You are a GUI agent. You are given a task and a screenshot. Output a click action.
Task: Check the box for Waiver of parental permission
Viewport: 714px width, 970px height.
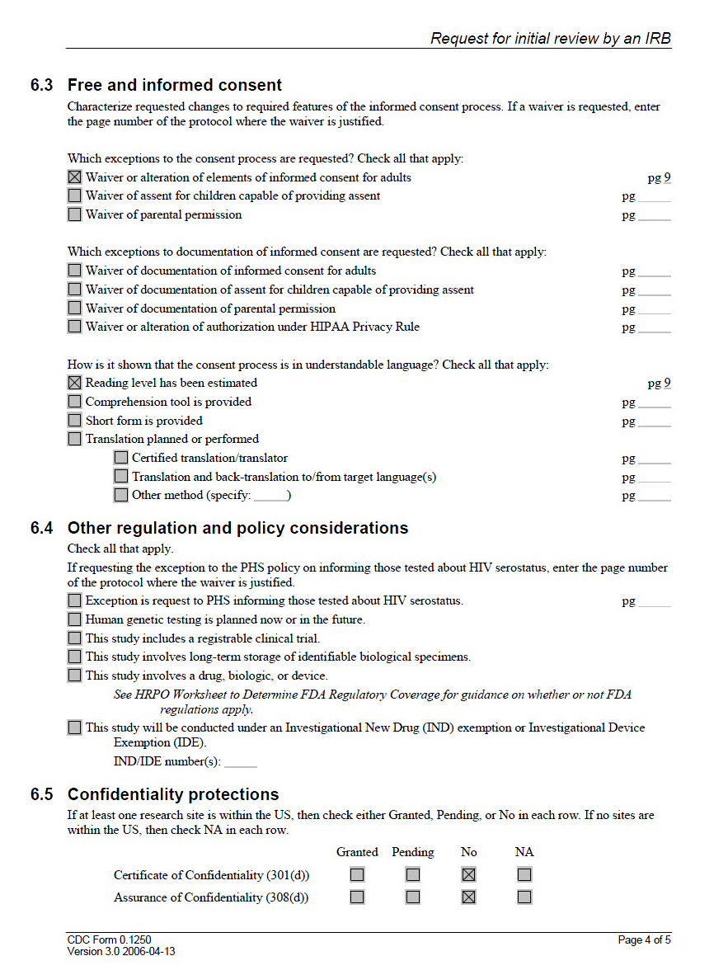click(75, 214)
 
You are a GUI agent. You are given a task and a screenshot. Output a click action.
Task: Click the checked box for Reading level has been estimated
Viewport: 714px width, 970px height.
click(75, 383)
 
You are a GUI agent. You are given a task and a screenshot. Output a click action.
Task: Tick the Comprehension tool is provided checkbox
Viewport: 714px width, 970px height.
click(75, 402)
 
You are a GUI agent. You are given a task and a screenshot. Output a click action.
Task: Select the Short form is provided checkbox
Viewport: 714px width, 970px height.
click(75, 421)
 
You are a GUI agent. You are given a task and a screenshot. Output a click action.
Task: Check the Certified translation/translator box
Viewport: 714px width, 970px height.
click(121, 458)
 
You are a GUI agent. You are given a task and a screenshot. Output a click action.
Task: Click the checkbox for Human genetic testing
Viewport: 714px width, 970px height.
click(75, 619)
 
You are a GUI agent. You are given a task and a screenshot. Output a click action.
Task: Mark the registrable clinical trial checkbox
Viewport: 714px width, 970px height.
click(75, 638)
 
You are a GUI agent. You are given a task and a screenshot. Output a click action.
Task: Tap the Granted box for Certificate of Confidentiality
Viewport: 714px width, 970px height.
click(357, 874)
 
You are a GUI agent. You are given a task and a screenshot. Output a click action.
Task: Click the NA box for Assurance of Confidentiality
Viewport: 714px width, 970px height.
click(524, 897)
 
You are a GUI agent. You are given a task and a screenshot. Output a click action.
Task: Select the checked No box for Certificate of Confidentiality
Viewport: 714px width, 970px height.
click(469, 874)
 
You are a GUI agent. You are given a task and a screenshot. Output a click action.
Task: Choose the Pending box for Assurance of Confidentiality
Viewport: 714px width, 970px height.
click(412, 897)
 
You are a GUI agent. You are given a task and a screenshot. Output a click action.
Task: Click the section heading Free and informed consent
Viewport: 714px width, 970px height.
click(175, 85)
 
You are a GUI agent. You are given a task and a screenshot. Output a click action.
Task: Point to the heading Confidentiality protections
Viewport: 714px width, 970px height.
click(173, 794)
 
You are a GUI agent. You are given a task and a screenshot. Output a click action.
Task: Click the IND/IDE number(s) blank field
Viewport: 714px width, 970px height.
click(241, 763)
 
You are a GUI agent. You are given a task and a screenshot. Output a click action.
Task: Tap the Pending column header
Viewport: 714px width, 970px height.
click(412, 852)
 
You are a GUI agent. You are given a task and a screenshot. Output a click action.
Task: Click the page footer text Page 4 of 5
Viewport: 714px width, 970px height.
click(644, 939)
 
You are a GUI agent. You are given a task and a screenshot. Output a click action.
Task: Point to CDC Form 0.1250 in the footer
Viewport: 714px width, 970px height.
click(109, 939)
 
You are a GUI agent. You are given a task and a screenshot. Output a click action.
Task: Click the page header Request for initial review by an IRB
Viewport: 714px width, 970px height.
click(551, 39)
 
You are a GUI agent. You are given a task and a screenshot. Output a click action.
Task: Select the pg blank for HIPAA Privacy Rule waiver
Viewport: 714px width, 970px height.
click(654, 328)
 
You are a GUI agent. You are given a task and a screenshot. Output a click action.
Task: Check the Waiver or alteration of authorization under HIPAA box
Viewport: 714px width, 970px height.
click(75, 327)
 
